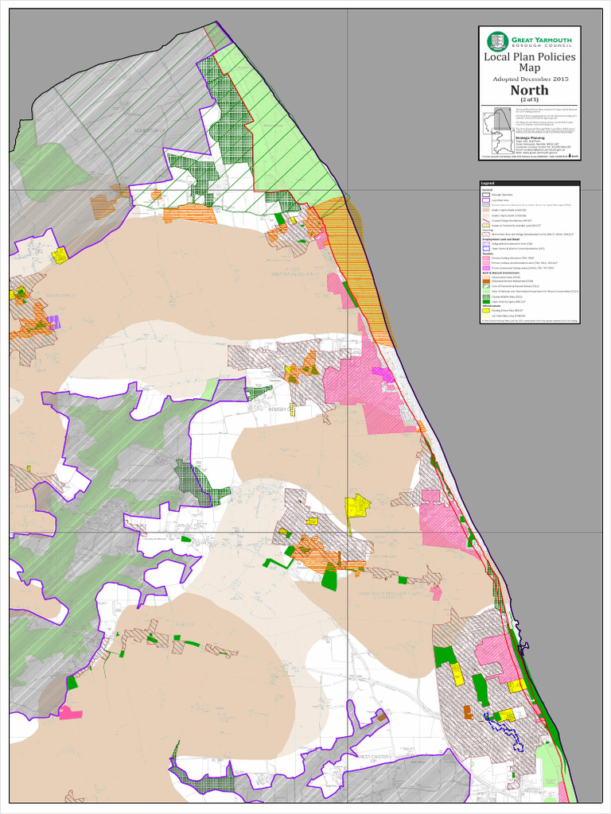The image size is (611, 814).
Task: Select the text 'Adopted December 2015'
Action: point(529,79)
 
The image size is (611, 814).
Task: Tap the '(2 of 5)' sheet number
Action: point(529,99)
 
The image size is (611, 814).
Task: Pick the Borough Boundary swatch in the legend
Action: point(485,194)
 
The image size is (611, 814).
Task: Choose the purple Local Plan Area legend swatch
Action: point(485,200)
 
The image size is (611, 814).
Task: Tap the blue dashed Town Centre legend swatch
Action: point(485,249)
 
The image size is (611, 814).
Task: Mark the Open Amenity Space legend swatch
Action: point(485,301)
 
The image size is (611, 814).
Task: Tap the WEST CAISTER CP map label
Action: point(376,758)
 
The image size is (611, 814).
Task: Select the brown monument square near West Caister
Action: point(381,717)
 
